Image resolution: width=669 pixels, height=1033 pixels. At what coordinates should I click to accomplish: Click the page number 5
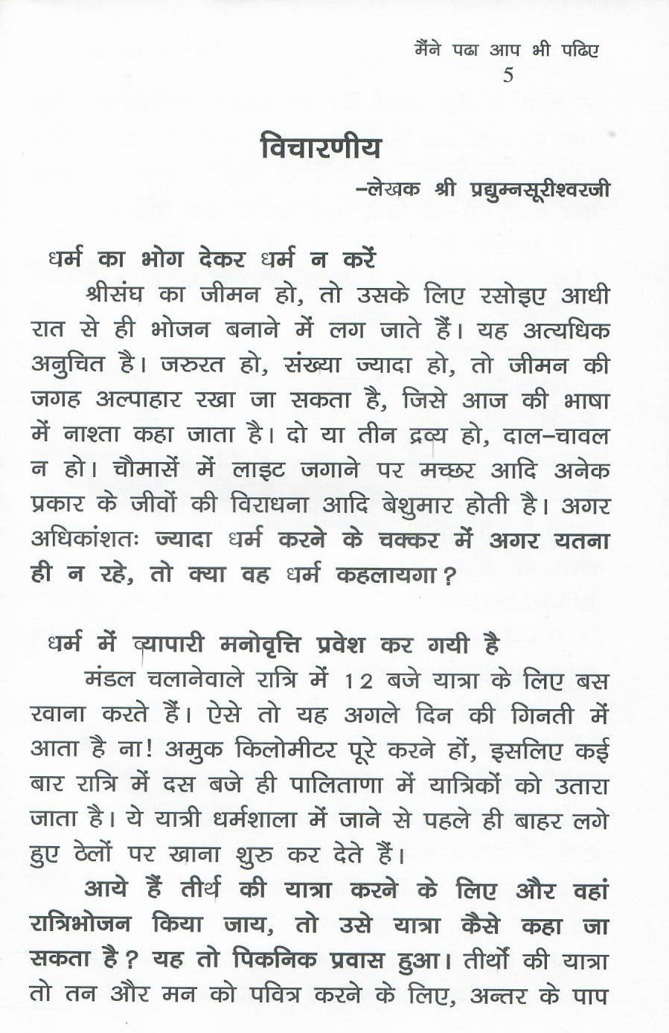coord(508,75)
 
